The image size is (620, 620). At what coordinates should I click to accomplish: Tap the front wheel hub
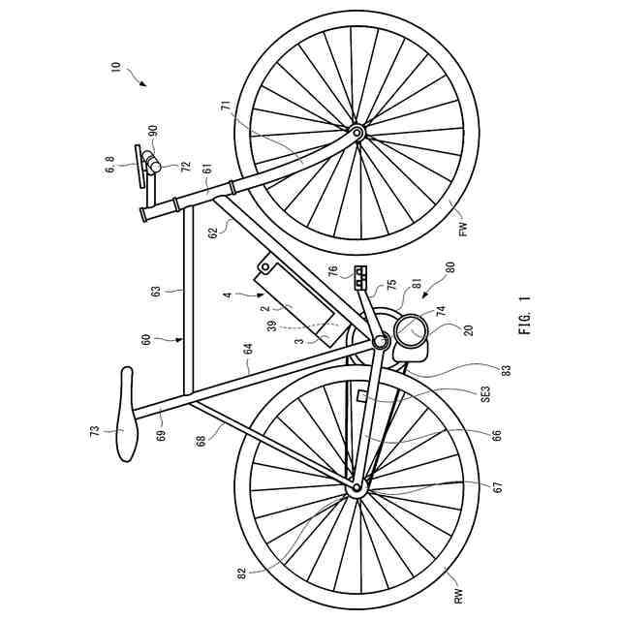[x=357, y=131]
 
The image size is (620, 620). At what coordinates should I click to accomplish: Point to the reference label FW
[x=462, y=230]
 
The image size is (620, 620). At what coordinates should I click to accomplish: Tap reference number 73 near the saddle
[x=95, y=430]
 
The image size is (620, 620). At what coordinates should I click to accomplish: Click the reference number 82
[x=242, y=573]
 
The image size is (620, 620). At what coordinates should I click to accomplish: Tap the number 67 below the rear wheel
[x=498, y=487]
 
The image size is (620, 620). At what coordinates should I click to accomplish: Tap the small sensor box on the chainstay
[x=362, y=396]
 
